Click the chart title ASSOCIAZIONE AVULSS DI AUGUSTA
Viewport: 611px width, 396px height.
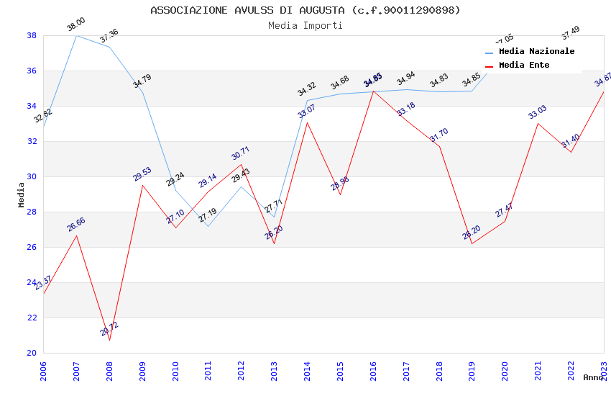pos(305,10)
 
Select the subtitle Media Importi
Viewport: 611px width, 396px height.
pos(305,25)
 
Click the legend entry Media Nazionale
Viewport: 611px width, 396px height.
pos(536,51)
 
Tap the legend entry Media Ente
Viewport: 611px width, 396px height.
pos(524,65)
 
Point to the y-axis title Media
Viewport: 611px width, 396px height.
pos(21,194)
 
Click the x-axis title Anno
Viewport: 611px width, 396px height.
pos(593,377)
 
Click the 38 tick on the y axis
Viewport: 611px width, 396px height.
pos(32,35)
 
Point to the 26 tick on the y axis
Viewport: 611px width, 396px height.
pos(32,247)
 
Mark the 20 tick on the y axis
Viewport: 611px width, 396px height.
pos(32,353)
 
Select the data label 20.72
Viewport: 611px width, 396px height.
pos(109,329)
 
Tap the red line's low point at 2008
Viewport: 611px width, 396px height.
pos(109,340)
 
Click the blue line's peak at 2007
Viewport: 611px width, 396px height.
pos(76,35)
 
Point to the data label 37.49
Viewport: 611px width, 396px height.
pos(571,33)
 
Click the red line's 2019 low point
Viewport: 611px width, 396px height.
pos(472,243)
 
